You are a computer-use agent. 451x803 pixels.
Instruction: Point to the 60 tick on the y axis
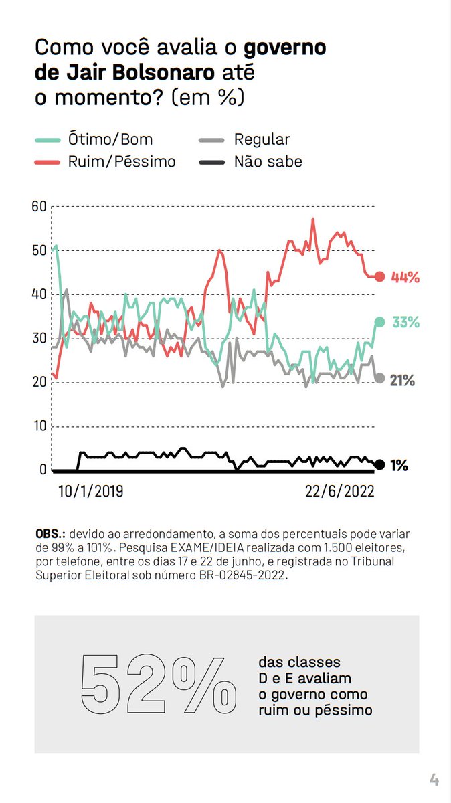click(39, 206)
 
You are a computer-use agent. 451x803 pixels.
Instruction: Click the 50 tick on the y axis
click(39, 250)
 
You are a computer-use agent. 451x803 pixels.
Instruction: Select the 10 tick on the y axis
click(39, 426)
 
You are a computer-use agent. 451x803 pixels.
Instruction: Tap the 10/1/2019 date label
click(91, 490)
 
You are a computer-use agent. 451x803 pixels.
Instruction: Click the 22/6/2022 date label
click(340, 490)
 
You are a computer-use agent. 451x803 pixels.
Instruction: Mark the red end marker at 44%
click(379, 276)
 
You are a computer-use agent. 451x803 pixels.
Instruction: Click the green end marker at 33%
click(379, 322)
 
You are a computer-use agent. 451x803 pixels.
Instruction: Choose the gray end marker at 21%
click(379, 378)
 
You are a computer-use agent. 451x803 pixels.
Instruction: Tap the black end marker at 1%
click(379, 464)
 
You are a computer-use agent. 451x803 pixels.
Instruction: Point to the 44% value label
click(405, 276)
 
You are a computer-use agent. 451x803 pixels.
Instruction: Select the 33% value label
click(405, 322)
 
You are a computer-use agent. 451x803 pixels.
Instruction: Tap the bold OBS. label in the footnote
click(50, 535)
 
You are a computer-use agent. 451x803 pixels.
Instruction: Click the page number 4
click(434, 779)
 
